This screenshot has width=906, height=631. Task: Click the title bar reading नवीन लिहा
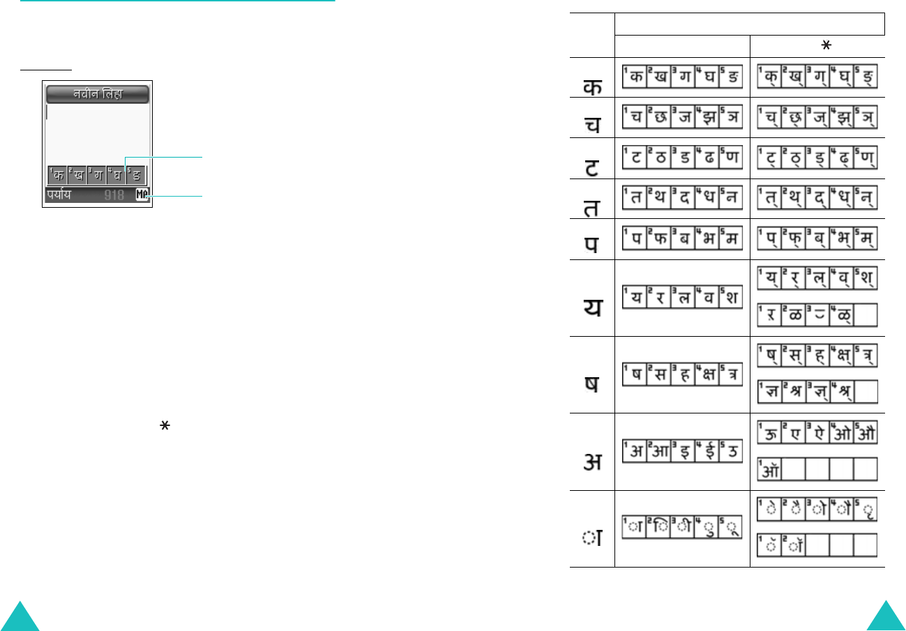pos(97,94)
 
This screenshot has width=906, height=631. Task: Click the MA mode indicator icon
pos(142,196)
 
